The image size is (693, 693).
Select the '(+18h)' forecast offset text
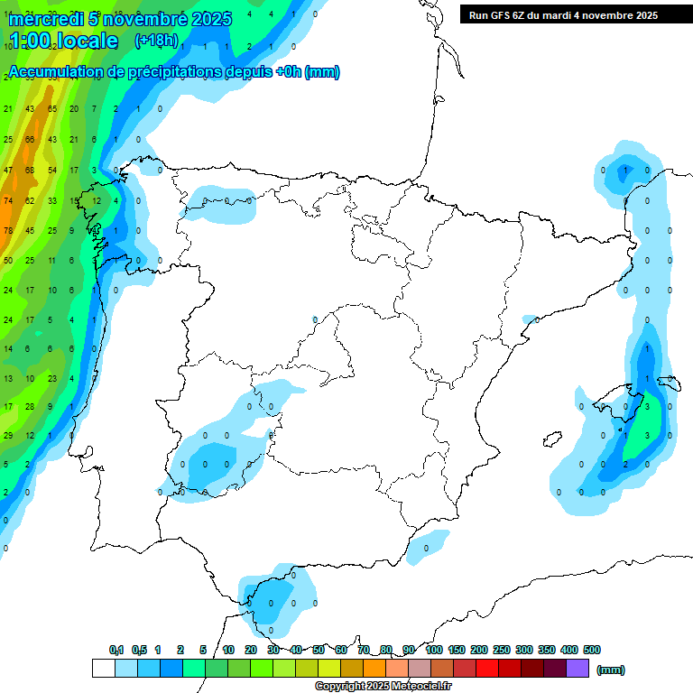click(156, 41)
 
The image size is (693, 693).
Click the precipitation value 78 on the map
click(8, 230)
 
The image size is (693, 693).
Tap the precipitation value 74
click(8, 200)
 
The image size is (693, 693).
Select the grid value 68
click(30, 171)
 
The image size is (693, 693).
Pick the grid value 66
click(30, 140)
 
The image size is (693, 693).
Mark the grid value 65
click(51, 109)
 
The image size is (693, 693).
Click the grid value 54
click(51, 171)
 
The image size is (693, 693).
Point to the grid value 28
click(30, 407)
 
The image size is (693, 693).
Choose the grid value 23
click(51, 379)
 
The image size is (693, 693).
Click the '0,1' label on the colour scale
click(116, 650)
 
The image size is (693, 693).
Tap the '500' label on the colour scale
click(592, 650)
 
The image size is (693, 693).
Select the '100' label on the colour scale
click(433, 650)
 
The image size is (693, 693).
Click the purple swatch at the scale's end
click(577, 669)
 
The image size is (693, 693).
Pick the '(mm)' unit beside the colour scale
click(611, 670)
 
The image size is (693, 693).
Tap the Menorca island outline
click(668, 383)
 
